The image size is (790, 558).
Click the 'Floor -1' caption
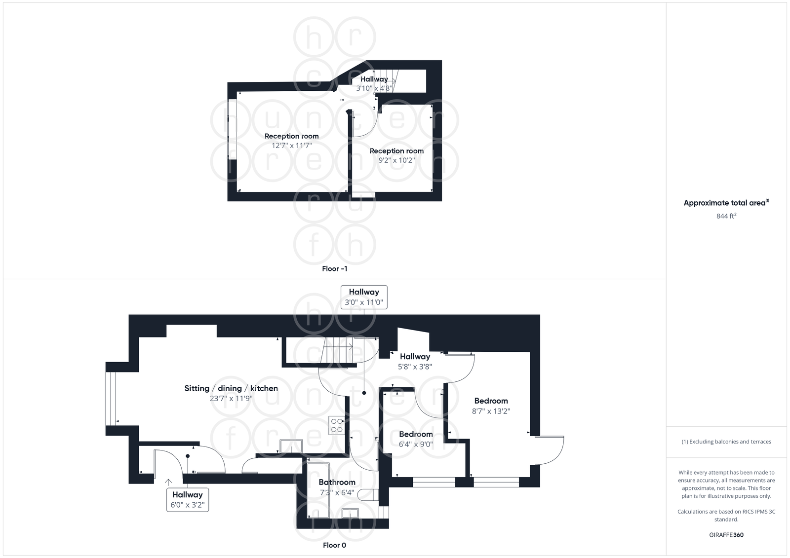tap(334, 269)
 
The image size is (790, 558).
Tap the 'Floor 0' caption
tap(334, 545)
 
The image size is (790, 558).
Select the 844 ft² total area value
tap(726, 216)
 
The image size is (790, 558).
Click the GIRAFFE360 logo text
tap(726, 535)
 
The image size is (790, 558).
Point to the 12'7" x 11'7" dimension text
tap(291, 146)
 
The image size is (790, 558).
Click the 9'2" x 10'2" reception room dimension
tap(396, 160)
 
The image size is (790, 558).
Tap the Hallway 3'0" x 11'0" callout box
tap(364, 297)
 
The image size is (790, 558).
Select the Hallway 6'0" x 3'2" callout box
tap(188, 499)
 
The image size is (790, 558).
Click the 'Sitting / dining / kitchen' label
tap(231, 388)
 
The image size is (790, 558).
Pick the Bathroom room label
tap(337, 483)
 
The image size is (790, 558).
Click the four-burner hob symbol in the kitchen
tap(337, 425)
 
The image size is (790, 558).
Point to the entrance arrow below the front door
tap(168, 482)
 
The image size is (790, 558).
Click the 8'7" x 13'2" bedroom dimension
tap(491, 411)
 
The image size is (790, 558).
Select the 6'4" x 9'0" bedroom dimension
tap(416, 444)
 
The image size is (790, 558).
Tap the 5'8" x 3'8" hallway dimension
tap(415, 367)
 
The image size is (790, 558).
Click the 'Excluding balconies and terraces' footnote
tap(726, 442)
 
